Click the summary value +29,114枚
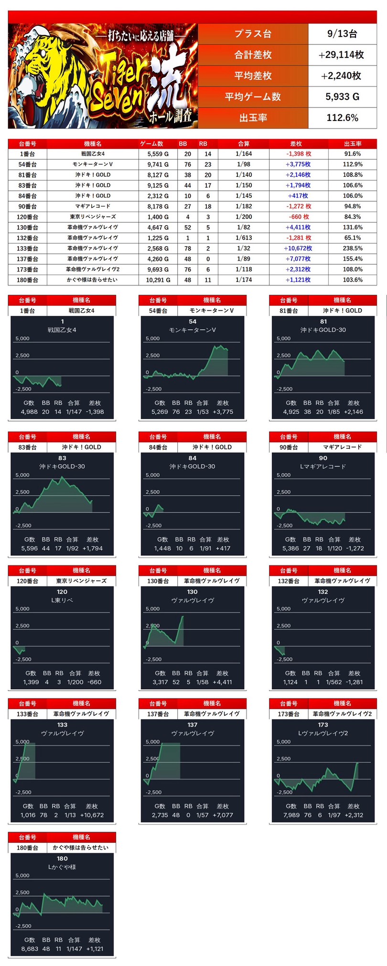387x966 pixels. click(x=342, y=55)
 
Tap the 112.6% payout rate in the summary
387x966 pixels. click(x=342, y=118)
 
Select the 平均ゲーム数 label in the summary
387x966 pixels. click(x=253, y=97)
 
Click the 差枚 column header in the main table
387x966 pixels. click(x=296, y=143)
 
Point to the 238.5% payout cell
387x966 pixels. click(x=353, y=249)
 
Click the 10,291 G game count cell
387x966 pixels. click(x=158, y=280)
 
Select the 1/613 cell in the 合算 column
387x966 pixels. click(x=244, y=238)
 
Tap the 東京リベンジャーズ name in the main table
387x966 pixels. click(x=93, y=217)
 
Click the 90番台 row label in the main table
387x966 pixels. click(x=28, y=206)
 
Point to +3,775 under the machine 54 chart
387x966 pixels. click(x=223, y=412)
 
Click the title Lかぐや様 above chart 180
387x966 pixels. click(x=62, y=867)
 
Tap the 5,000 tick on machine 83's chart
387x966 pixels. click(x=22, y=475)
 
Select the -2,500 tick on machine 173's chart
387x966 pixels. click(x=285, y=792)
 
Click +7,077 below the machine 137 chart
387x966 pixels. click(x=223, y=815)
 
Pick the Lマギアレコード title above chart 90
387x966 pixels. click(x=323, y=467)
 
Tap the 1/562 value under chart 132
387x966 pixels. click(x=333, y=682)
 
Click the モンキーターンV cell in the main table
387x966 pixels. click(x=93, y=164)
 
